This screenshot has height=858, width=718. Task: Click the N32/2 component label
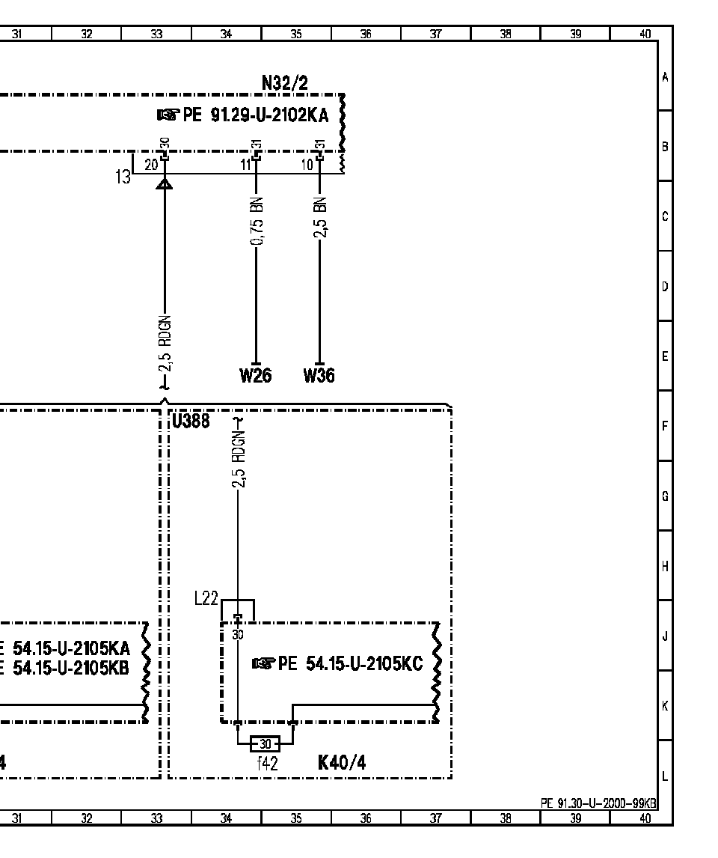(x=285, y=83)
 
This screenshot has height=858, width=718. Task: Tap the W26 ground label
(x=255, y=376)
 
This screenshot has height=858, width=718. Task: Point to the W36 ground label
(x=319, y=376)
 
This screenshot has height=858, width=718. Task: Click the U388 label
(x=191, y=421)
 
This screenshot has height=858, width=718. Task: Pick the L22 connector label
(x=206, y=599)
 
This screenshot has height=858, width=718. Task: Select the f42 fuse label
(x=267, y=764)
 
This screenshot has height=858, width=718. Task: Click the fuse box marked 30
(x=265, y=744)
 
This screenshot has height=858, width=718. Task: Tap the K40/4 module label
(x=342, y=762)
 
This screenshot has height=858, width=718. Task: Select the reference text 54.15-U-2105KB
(x=71, y=668)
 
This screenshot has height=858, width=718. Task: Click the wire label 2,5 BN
(x=321, y=217)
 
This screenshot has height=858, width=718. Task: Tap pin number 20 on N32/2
(x=151, y=164)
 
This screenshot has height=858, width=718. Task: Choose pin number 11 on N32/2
(x=246, y=164)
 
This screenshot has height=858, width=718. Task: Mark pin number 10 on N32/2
(x=307, y=164)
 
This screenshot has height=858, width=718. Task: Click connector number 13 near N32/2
(x=123, y=177)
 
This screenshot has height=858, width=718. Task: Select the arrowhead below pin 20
(x=165, y=183)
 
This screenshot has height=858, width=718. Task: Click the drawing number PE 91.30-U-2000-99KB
(x=598, y=803)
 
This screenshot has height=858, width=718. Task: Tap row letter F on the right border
(x=665, y=426)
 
